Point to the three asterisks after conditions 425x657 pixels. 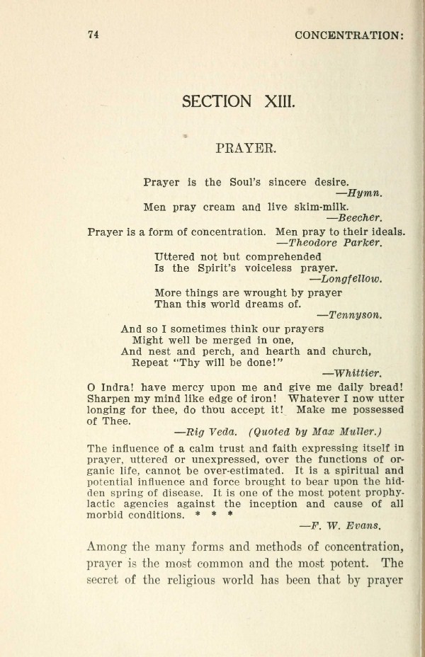point(213,515)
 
